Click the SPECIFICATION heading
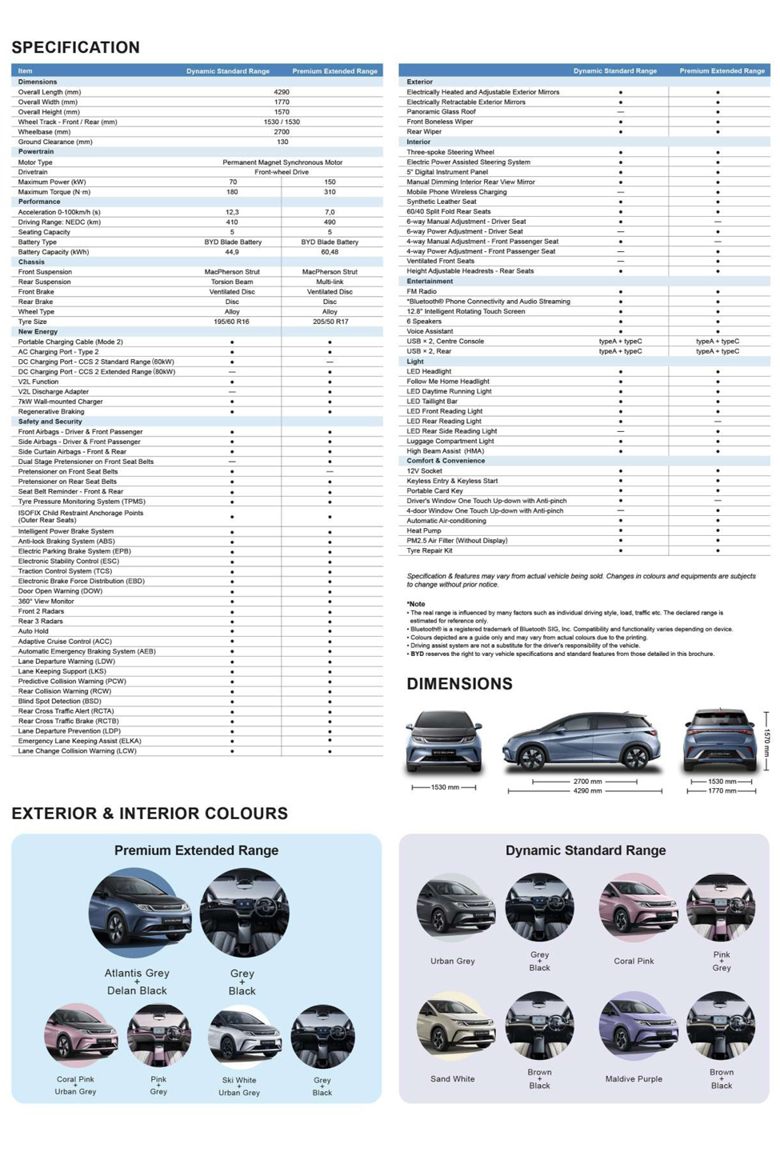[75, 47]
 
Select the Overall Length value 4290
[282, 92]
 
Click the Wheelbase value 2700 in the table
[282, 132]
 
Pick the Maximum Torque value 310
[330, 192]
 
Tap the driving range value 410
[232, 222]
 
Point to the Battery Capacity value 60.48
[330, 252]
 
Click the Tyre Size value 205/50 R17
[330, 322]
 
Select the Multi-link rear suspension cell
[330, 282]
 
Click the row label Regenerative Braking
[51, 411]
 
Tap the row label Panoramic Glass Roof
[441, 112]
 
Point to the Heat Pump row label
[424, 530]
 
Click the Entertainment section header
[430, 282]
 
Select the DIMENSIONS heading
[459, 684]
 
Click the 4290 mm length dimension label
[586, 791]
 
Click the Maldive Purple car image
[636, 1026]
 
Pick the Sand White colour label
[452, 1079]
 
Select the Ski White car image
[243, 1038]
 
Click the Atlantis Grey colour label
[137, 974]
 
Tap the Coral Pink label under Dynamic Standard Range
[634, 962]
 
